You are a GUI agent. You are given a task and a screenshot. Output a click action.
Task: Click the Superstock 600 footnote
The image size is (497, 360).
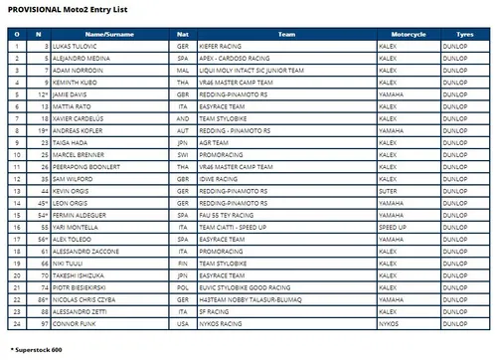pyautogui.click(x=36, y=350)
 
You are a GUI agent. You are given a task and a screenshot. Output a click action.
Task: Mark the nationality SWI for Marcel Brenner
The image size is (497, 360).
pyautogui.click(x=181, y=155)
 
